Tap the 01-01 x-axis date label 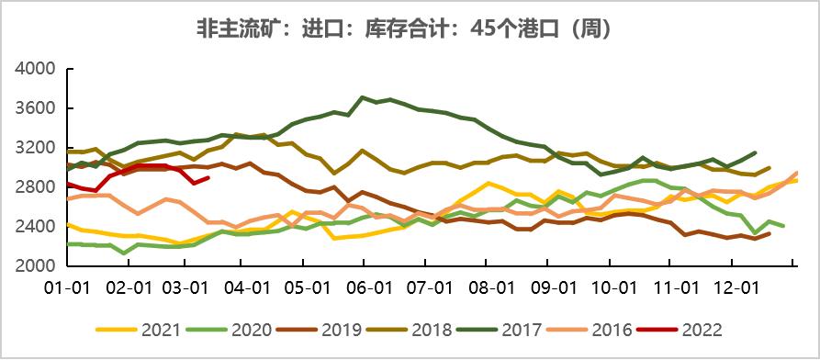pyautogui.click(x=68, y=287)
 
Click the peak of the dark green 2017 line pyautogui.click(x=364, y=96)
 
